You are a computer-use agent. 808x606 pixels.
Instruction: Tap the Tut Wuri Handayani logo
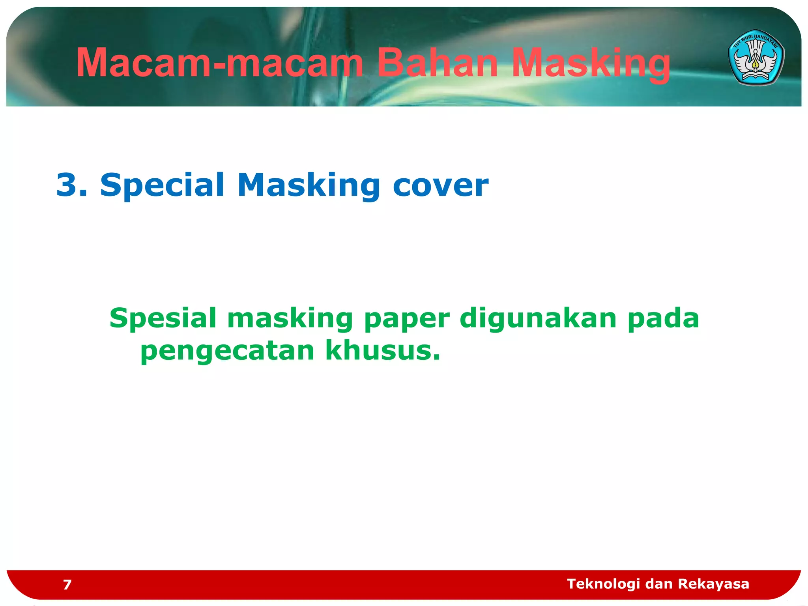[x=756, y=57]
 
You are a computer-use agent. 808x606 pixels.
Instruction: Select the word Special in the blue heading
[x=162, y=185]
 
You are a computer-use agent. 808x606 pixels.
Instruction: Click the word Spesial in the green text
[x=163, y=318]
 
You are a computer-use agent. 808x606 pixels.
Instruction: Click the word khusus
[x=382, y=350]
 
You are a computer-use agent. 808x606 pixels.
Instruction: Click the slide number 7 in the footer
[x=67, y=584]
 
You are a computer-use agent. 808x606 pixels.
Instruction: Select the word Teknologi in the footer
[x=603, y=584]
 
